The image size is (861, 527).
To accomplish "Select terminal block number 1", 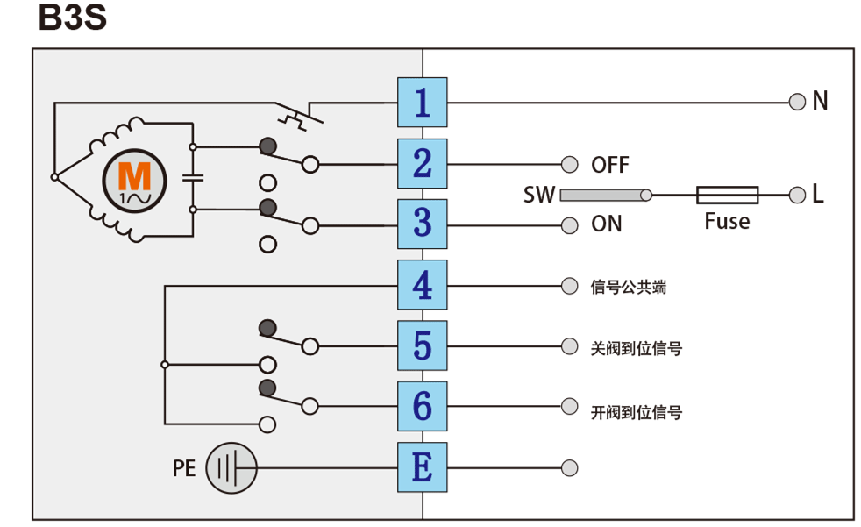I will click(422, 103).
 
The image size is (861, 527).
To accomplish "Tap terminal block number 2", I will click(422, 163).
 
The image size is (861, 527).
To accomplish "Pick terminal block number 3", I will click(422, 224).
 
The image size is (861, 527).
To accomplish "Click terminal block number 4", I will click(422, 285).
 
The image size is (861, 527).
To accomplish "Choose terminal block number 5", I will click(422, 345).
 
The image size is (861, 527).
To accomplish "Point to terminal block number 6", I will click(422, 406).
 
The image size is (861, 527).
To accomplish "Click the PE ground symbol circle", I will click(231, 467).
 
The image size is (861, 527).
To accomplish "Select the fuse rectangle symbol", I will click(727, 195).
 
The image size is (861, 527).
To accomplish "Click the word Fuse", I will click(727, 222).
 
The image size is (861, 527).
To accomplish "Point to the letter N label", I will click(820, 102).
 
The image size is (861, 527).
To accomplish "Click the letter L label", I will click(818, 195).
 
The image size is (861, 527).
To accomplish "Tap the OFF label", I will click(610, 165).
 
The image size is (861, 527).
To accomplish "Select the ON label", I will click(607, 224).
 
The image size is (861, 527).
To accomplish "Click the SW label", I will click(539, 195).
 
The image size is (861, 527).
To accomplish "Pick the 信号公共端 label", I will click(629, 287).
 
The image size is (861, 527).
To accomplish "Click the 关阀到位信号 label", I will click(637, 348).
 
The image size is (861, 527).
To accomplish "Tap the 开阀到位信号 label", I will click(637, 411).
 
